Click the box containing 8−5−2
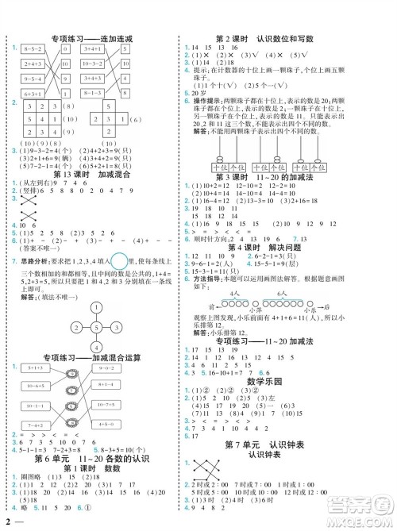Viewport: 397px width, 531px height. coord(33,48)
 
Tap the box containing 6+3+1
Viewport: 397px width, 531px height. coord(33,93)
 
